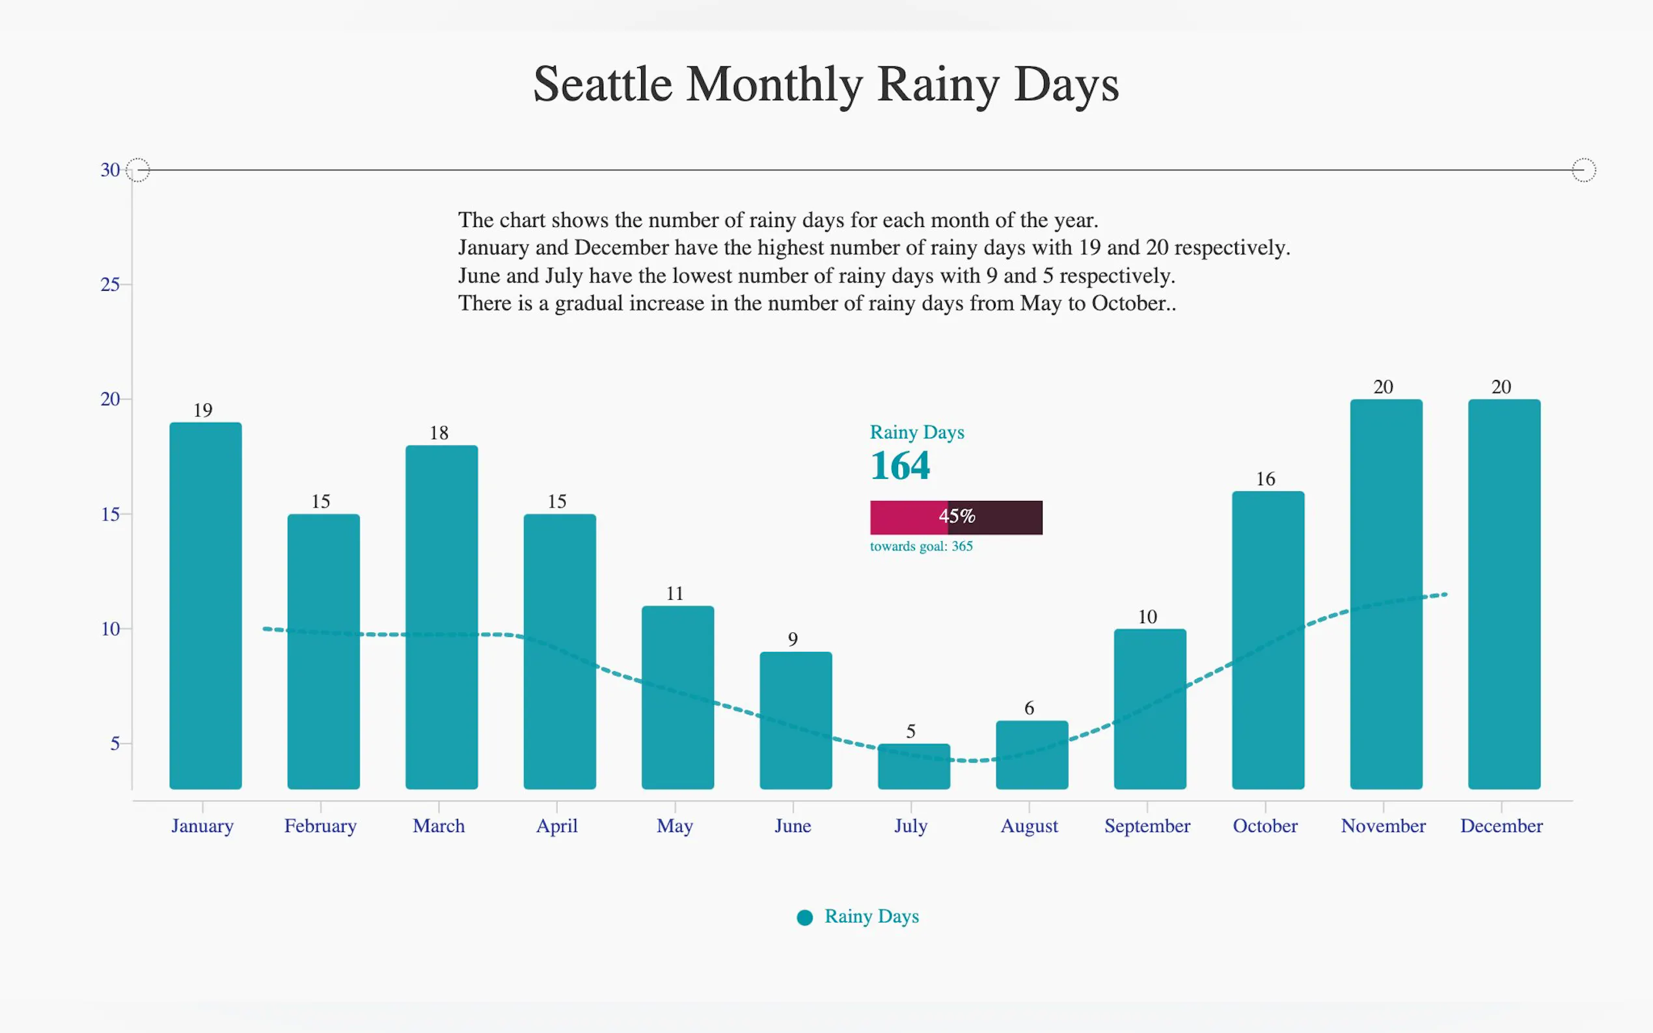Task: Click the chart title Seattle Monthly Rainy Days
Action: point(825,84)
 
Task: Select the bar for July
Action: point(914,766)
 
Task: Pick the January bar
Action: point(205,606)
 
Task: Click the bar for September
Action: point(1150,708)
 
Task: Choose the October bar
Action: point(1268,639)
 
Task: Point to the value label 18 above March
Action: point(439,433)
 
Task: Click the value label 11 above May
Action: point(674,594)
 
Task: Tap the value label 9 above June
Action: point(793,639)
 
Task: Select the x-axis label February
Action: point(320,826)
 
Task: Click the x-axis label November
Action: point(1383,826)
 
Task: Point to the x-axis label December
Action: point(1501,826)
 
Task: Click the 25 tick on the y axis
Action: point(110,285)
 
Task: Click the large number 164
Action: point(900,466)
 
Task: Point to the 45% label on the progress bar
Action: point(957,516)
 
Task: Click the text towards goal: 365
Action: point(921,546)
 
